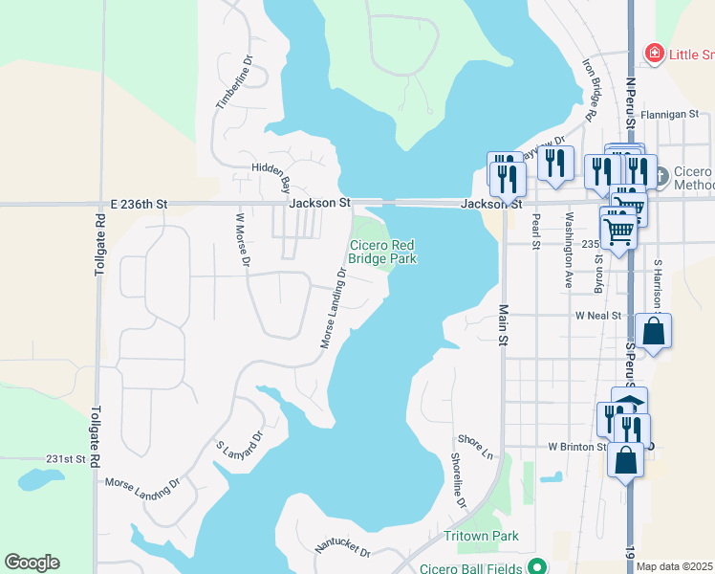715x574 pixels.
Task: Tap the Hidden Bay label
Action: pos(271,173)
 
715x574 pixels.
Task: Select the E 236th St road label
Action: pos(139,204)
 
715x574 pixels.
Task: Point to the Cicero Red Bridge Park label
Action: pos(381,252)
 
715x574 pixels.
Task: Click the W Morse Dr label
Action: pos(242,239)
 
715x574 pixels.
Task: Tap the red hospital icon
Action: pos(655,53)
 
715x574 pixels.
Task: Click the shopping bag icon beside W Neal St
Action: pos(653,331)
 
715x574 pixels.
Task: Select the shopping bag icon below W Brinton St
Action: pos(625,459)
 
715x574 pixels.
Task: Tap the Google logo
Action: pos(32,563)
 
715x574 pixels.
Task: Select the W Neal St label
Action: pos(598,315)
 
